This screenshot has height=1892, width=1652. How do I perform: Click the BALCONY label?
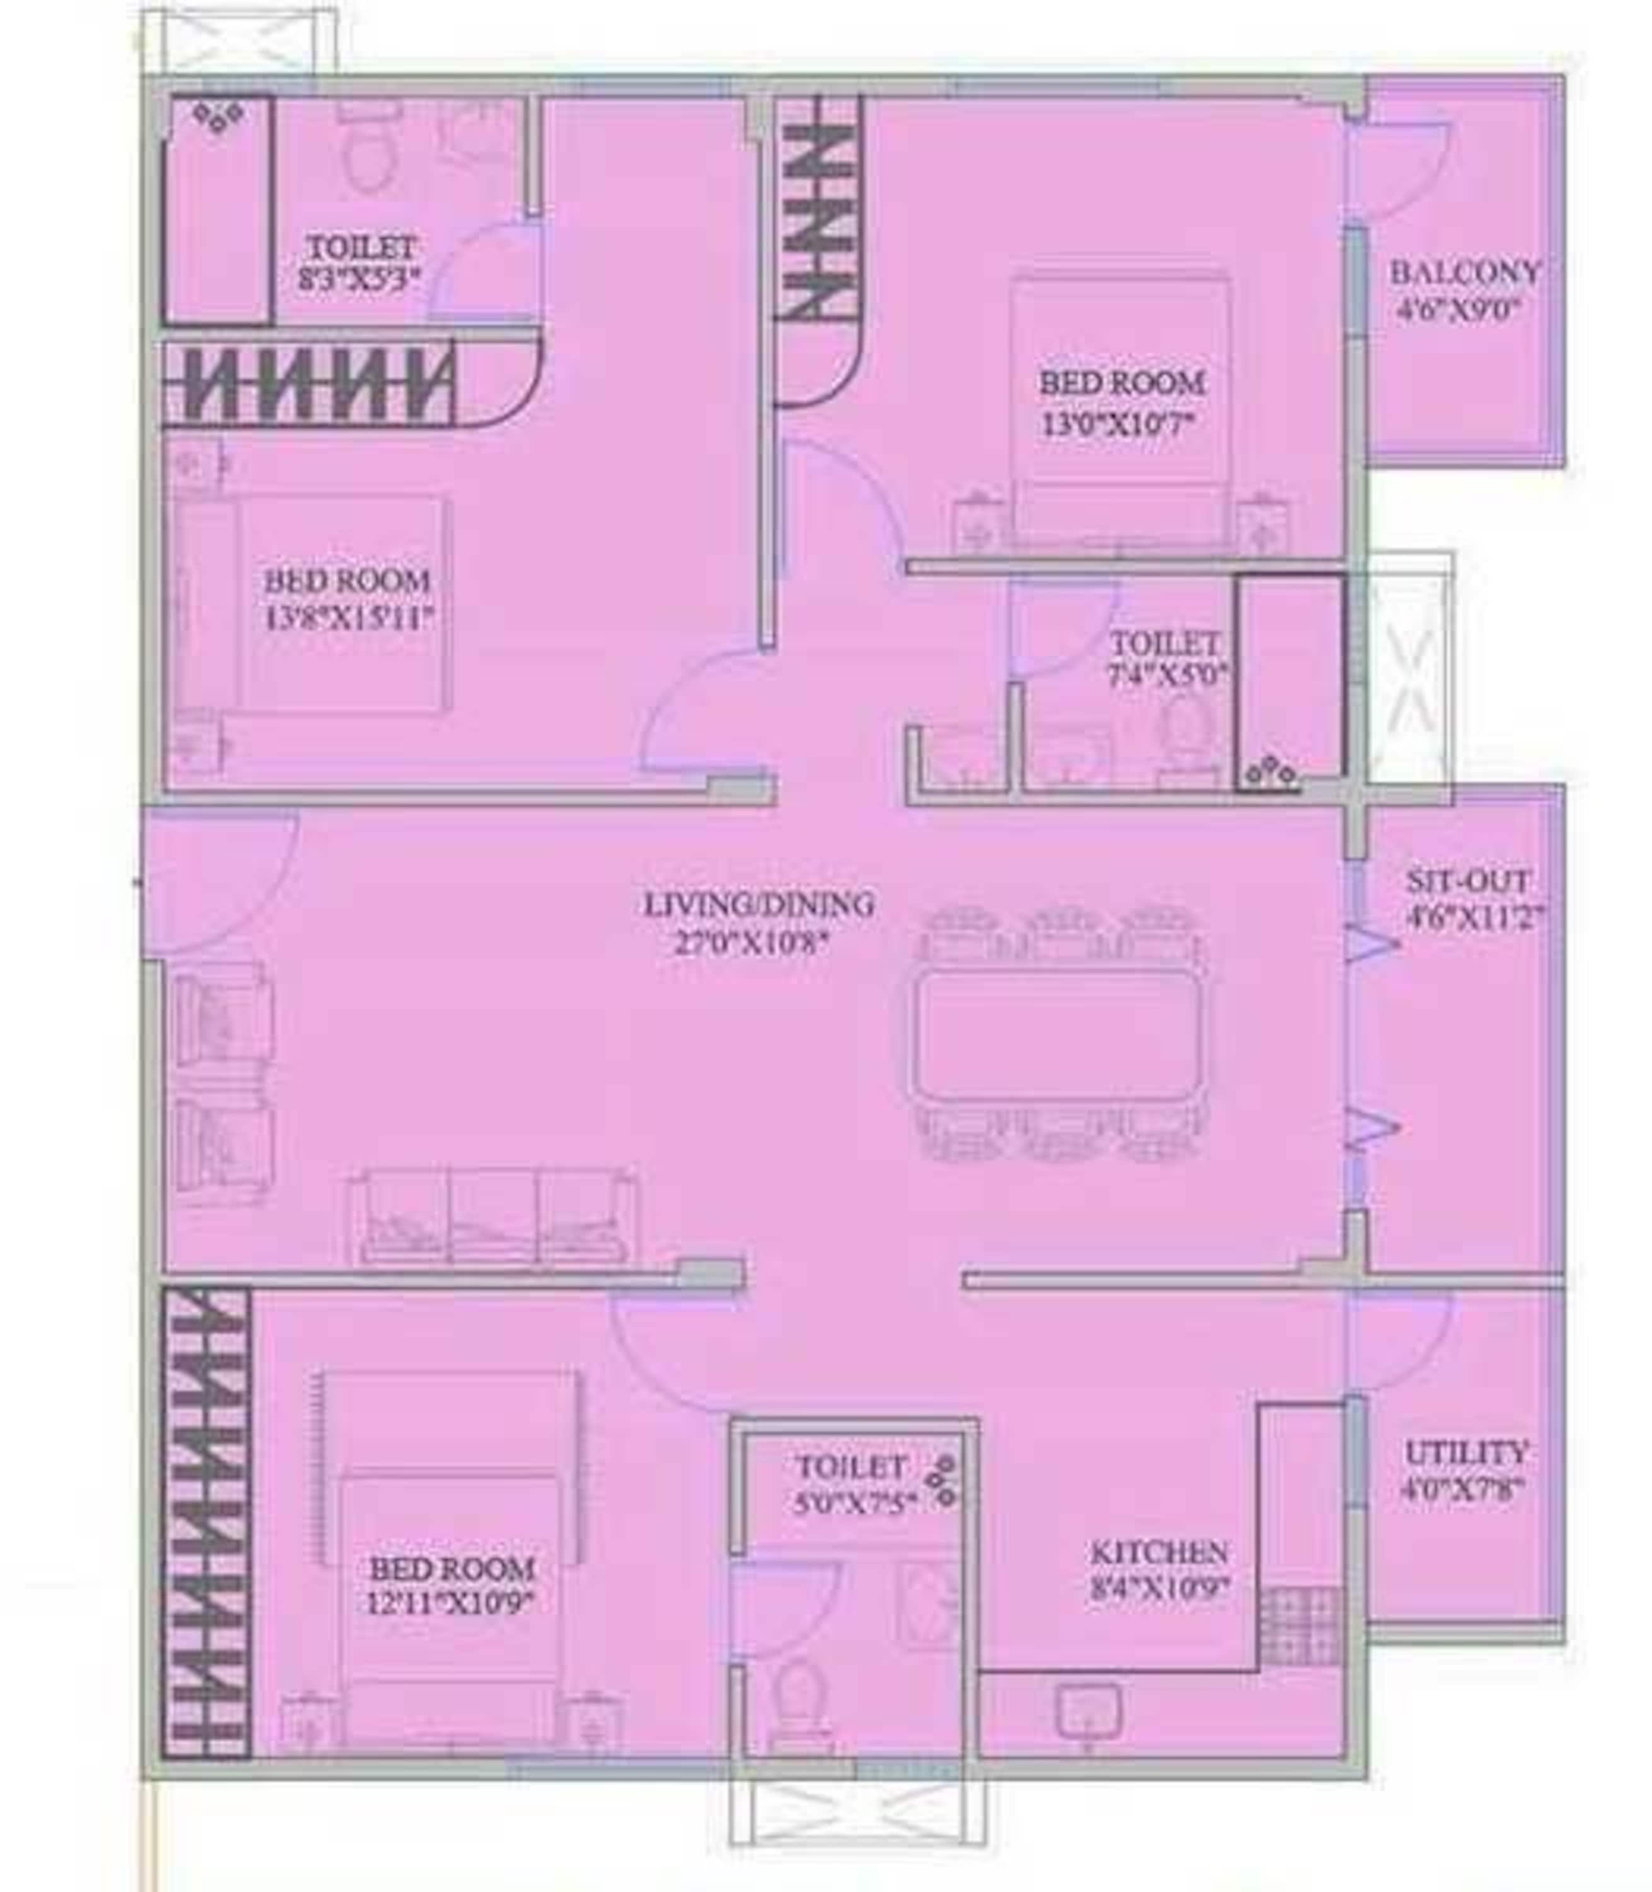[x=1464, y=273]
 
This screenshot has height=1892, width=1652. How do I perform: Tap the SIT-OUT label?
[x=1468, y=880]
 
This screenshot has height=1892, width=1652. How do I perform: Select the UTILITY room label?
[x=1466, y=1453]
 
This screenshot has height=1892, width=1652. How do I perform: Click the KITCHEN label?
[x=1159, y=1552]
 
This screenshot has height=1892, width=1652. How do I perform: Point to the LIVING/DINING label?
[x=758, y=904]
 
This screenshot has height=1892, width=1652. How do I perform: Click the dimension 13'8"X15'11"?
[x=349, y=619]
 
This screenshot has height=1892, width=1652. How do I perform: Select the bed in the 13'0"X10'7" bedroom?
[x=1120, y=411]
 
